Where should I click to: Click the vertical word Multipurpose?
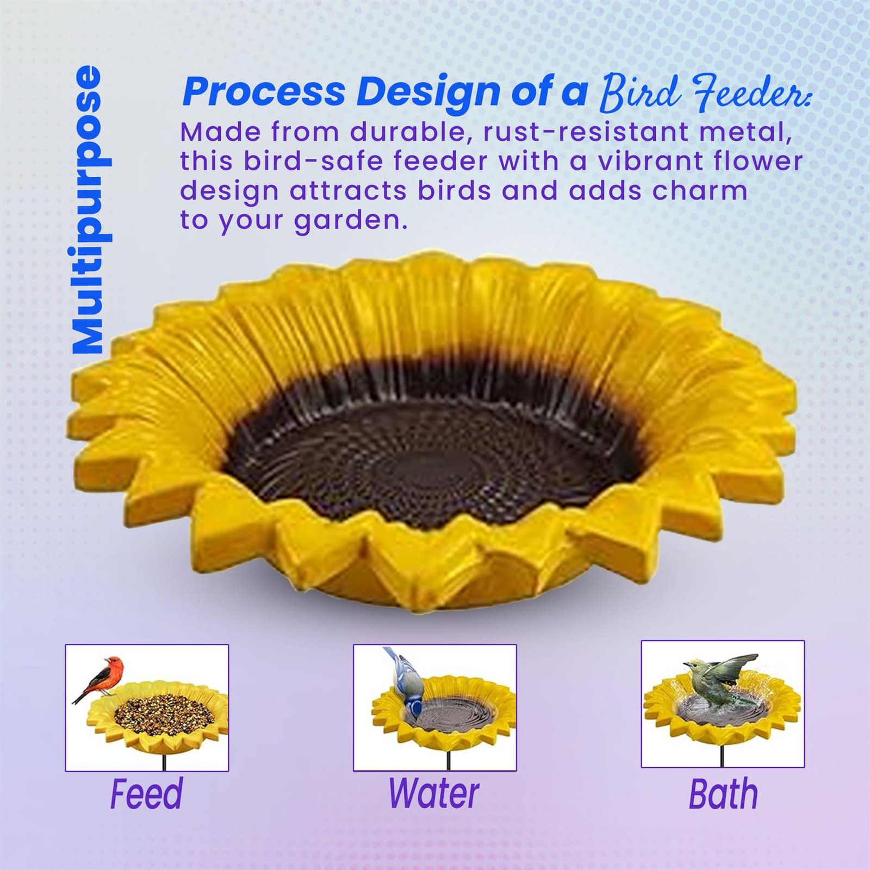click(87, 210)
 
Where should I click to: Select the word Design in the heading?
click(428, 92)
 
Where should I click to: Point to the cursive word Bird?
click(639, 91)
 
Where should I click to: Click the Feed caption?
click(146, 794)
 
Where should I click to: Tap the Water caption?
click(434, 793)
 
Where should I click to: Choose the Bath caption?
click(723, 794)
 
